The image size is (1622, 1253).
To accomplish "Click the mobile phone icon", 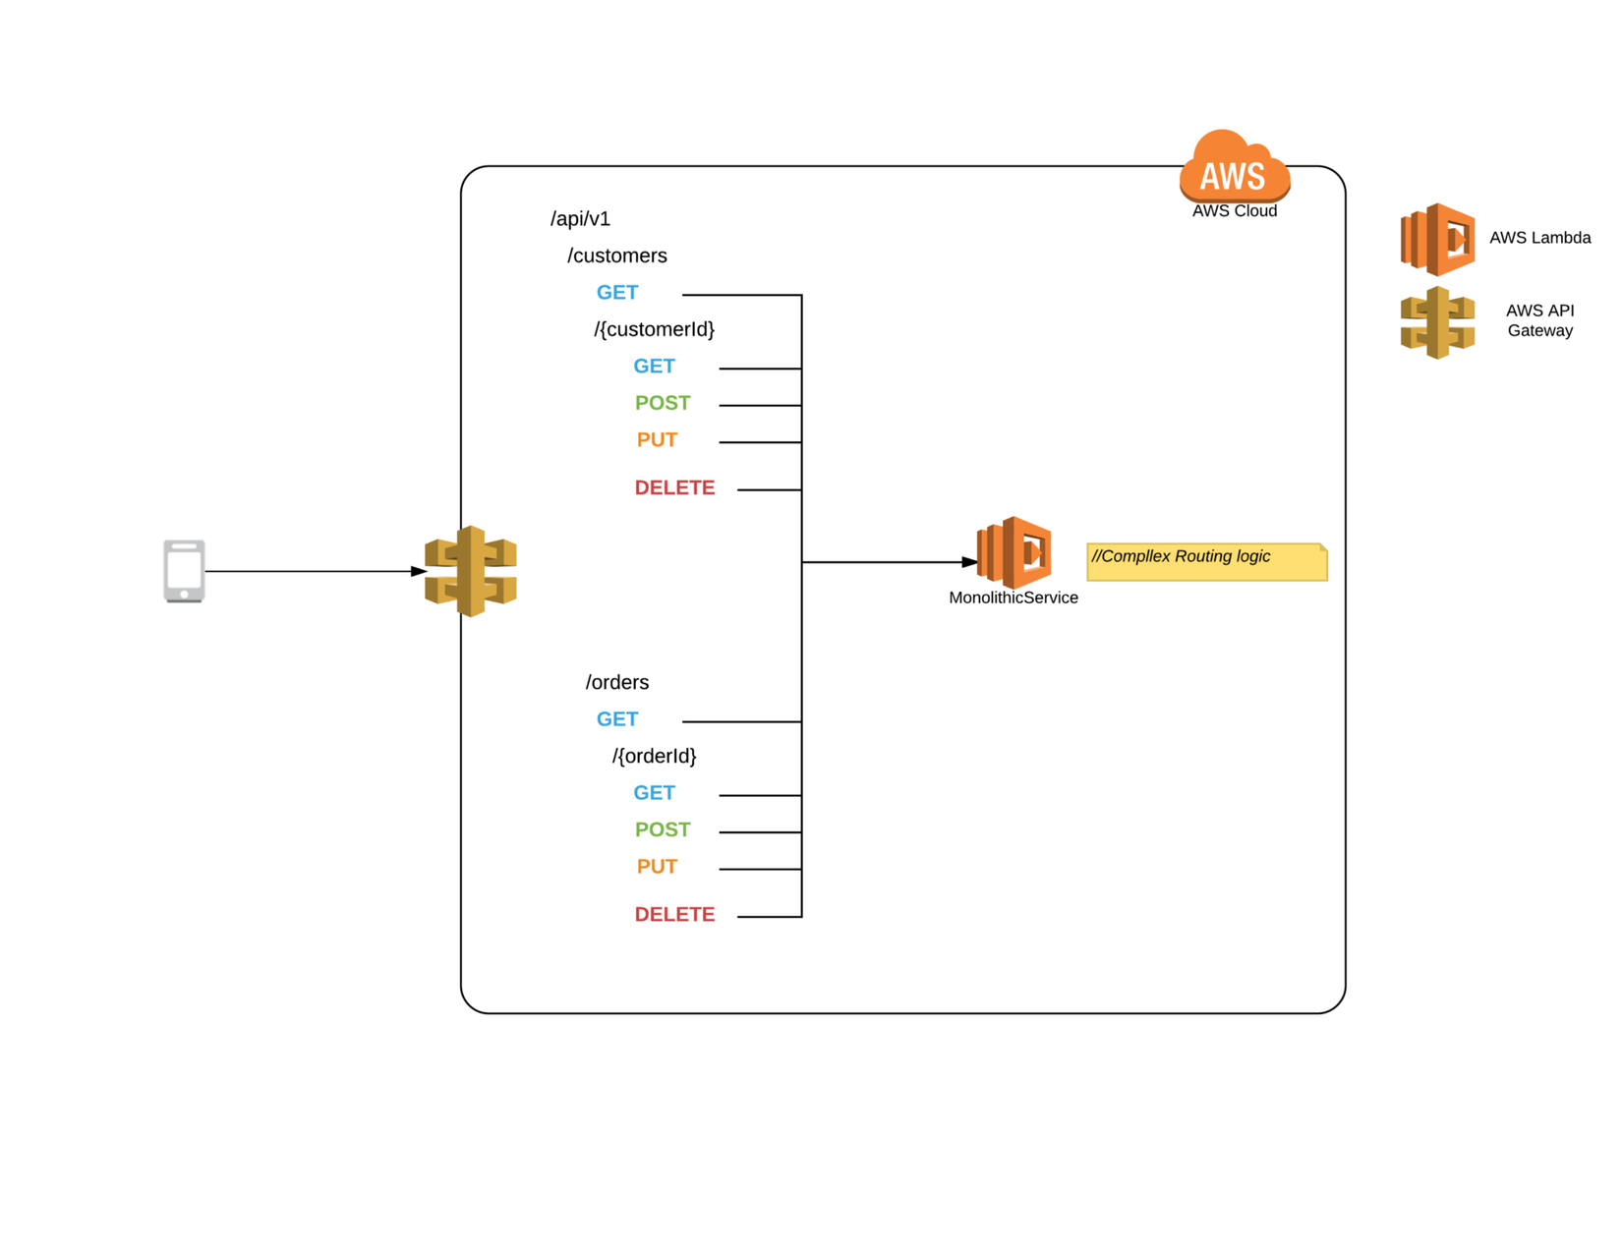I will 184,570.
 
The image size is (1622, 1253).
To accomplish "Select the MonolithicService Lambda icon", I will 1014,552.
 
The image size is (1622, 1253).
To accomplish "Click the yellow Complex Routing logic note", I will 1206,561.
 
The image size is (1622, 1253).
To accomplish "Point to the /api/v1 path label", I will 580,219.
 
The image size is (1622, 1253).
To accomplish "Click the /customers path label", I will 616,256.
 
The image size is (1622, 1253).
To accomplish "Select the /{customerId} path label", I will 654,329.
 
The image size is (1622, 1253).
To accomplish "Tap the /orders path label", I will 616,682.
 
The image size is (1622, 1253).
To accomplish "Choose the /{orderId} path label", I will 654,756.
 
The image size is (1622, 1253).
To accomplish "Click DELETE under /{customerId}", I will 674,488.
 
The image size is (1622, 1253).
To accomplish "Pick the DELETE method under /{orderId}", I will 674,915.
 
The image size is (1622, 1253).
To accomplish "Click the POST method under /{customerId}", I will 663,403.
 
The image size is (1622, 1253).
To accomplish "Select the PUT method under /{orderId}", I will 657,867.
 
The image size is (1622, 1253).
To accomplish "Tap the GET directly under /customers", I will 617,293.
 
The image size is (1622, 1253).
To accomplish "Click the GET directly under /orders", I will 617,719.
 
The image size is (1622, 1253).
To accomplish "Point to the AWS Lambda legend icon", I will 1437,239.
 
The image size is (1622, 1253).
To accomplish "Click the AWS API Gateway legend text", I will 1539,320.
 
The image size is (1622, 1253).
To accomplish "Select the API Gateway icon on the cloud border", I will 471,571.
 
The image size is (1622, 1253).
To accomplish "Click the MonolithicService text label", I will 1013,598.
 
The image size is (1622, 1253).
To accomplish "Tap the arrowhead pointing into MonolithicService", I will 969,562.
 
